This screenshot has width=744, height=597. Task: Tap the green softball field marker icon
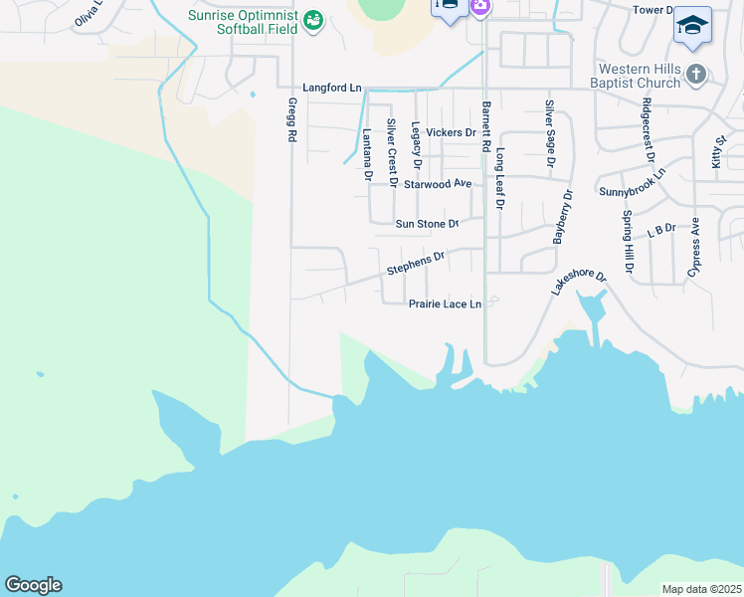[313, 20]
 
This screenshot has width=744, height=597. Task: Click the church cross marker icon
[696, 74]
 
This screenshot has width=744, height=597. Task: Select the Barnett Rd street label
[486, 126]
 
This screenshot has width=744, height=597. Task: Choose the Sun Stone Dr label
[427, 225]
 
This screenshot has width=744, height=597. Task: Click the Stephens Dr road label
[415, 264]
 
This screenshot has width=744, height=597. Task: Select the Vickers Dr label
[451, 132]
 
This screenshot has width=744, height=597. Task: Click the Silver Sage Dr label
[549, 132]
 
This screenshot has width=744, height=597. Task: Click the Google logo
[33, 585]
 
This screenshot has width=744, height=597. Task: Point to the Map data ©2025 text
[701, 589]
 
